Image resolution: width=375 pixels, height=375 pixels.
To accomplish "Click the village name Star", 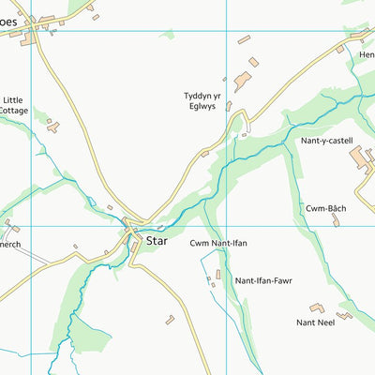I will coord(157,241).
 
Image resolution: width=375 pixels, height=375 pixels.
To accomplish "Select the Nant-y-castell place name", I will coord(325,140).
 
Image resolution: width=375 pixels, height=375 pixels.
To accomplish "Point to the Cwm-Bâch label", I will coord(325,207).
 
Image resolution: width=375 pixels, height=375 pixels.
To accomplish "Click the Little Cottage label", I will coord(14,105).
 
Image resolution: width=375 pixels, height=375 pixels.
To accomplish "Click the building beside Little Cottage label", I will coord(52,126).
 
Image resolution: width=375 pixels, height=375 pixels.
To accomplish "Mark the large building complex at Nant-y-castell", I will coord(361,158).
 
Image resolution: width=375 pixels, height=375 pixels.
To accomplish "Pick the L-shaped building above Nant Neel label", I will coord(317,307).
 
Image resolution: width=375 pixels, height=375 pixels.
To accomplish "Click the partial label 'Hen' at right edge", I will coord(366,54).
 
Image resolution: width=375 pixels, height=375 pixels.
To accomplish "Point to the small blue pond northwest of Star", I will coord(93,202).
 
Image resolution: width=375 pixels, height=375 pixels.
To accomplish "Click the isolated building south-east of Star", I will coord(170,320).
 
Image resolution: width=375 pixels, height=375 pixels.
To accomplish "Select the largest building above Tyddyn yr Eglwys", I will coord(242,82).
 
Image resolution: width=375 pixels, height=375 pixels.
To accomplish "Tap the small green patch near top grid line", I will coord(167,35).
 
